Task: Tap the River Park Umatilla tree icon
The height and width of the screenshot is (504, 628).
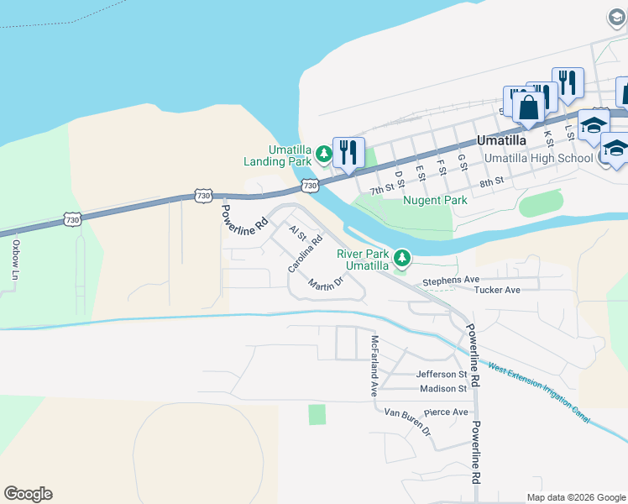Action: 403,255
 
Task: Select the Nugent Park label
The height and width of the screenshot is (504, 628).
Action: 435,200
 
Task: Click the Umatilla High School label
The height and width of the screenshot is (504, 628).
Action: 539,158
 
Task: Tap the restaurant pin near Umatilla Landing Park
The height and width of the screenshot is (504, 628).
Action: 348,152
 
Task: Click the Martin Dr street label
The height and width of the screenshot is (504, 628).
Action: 326,285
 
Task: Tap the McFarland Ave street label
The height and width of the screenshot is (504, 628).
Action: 374,366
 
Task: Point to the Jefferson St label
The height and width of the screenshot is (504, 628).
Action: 441,374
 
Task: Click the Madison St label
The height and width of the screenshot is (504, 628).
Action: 442,389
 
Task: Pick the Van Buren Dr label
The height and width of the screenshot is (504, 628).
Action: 407,419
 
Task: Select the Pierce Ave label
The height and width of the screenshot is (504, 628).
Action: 446,412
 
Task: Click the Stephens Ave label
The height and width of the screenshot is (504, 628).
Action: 451,281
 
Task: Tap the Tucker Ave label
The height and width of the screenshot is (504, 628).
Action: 497,290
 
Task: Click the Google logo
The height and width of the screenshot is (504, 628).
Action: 28,494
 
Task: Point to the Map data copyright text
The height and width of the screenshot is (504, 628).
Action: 574,497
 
